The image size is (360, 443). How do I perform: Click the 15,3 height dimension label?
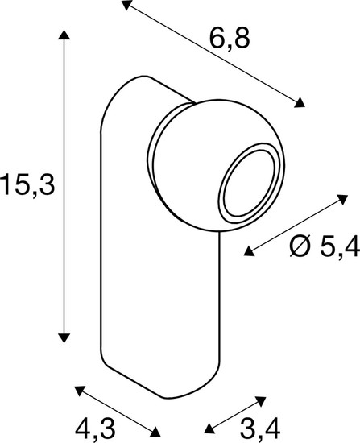[27, 185]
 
